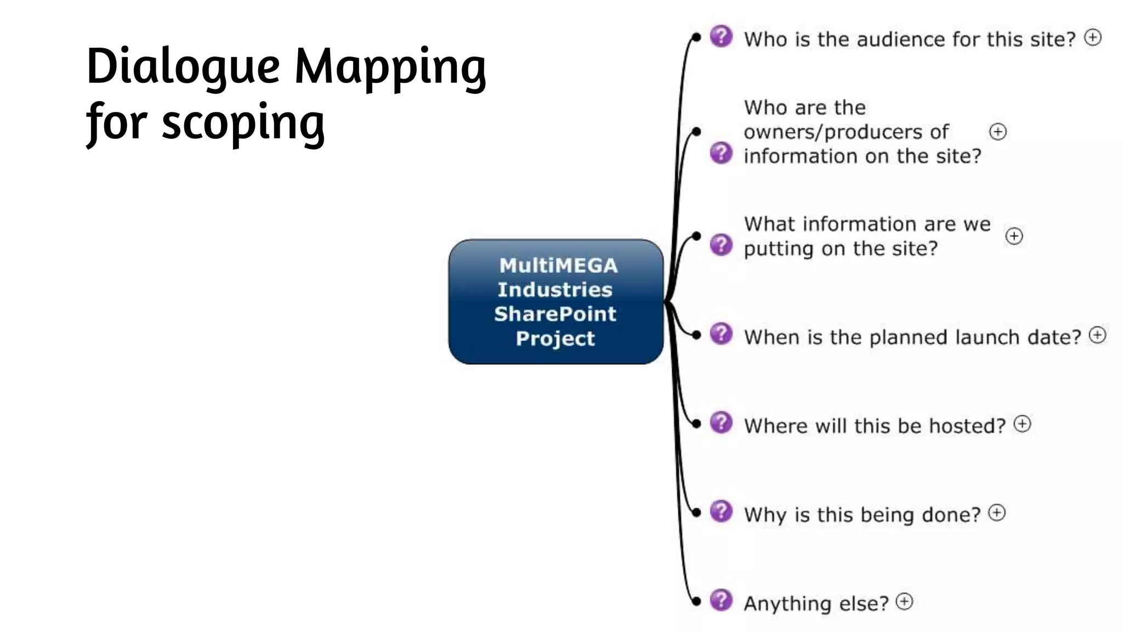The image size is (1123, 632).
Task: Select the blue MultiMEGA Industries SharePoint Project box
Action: (x=555, y=301)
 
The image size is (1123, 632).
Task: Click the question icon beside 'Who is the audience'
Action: (x=721, y=36)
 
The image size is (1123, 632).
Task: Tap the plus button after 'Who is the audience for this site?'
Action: (x=1093, y=37)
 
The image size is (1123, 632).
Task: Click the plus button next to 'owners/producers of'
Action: (x=997, y=132)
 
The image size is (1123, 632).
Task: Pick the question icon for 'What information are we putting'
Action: (x=721, y=245)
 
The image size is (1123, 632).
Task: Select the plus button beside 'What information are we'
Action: (x=1014, y=236)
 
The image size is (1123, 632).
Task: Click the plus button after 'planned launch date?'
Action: (x=1097, y=335)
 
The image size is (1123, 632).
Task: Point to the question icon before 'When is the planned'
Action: (x=721, y=334)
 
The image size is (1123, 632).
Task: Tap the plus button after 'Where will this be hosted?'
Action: (x=1022, y=424)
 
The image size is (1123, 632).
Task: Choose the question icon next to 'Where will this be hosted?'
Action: (x=721, y=422)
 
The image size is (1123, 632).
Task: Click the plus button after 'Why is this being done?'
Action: (x=996, y=513)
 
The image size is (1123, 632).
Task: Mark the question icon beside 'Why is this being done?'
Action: (x=721, y=511)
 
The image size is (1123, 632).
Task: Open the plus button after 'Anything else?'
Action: (x=904, y=602)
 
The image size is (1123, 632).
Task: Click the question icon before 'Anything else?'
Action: (x=721, y=600)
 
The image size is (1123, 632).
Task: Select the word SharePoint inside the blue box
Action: (x=555, y=314)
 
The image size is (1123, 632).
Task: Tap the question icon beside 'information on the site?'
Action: (x=721, y=153)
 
